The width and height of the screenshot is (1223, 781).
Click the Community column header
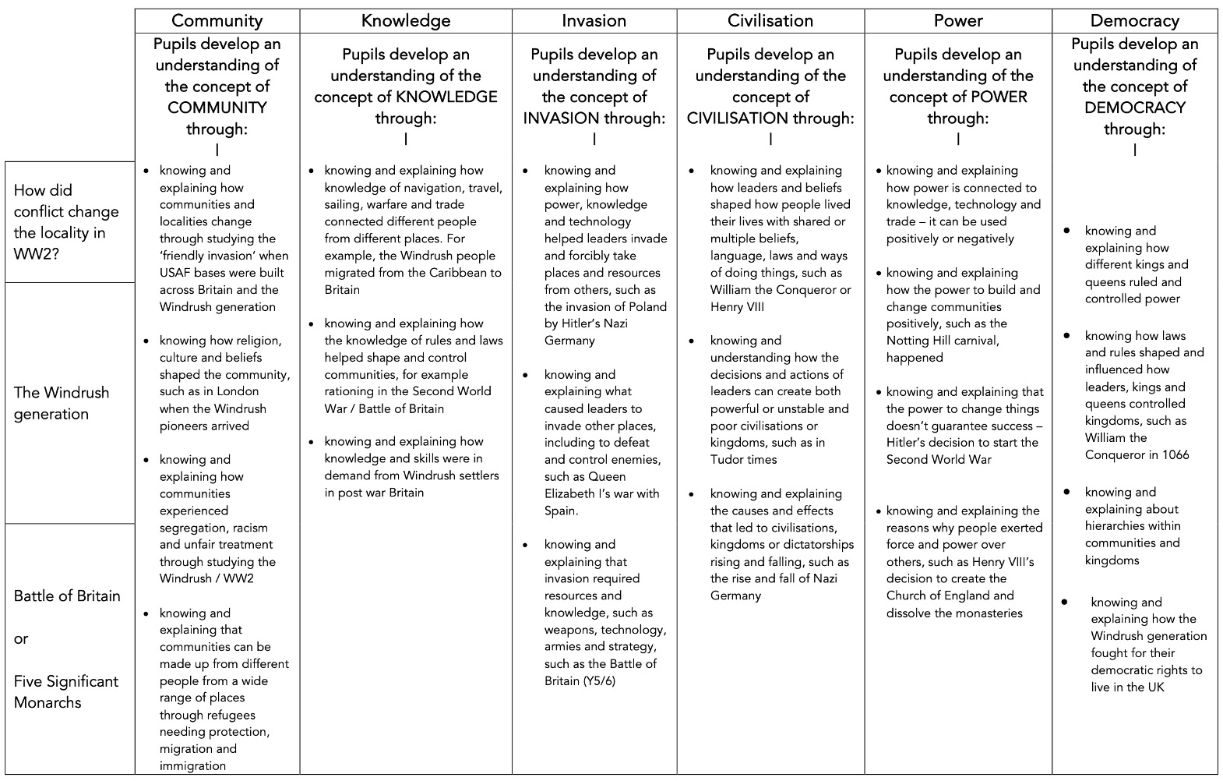coord(217,21)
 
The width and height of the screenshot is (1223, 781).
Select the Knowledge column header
coord(405,21)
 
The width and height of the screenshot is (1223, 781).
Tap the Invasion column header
coord(594,21)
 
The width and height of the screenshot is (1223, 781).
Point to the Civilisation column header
coord(770,21)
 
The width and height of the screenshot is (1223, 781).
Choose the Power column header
coord(957,21)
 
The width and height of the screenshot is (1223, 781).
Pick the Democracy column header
coord(1134,21)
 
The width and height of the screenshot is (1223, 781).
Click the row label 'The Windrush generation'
coord(62,403)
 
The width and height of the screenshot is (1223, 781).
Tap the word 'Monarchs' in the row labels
coord(48,702)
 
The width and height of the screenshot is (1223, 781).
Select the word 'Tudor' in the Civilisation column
coord(728,459)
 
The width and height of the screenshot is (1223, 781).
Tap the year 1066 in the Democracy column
coord(1172,454)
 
